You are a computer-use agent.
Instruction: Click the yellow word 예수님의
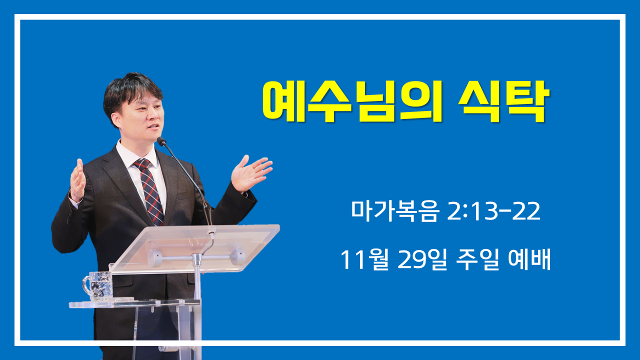pos(352,101)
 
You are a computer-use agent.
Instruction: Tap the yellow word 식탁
pos(504,101)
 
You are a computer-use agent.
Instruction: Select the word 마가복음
pos(394,211)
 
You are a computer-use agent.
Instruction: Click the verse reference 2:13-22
pos(493,211)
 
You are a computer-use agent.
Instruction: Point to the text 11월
pos(364,259)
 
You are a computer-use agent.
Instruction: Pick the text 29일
pos(422,259)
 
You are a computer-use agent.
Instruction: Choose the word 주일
pos(477,259)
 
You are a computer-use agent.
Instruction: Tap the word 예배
pos(529,259)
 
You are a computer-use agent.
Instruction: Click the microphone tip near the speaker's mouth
pos(161,141)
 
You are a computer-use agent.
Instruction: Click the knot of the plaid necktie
pos(142,164)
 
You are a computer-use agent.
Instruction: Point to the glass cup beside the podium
pos(97,285)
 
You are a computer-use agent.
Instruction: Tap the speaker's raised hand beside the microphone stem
pos(251,173)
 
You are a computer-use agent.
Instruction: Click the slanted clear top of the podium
pos(194,248)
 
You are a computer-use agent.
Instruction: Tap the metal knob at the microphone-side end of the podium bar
pos(238,256)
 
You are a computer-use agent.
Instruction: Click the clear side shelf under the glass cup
pos(134,303)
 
